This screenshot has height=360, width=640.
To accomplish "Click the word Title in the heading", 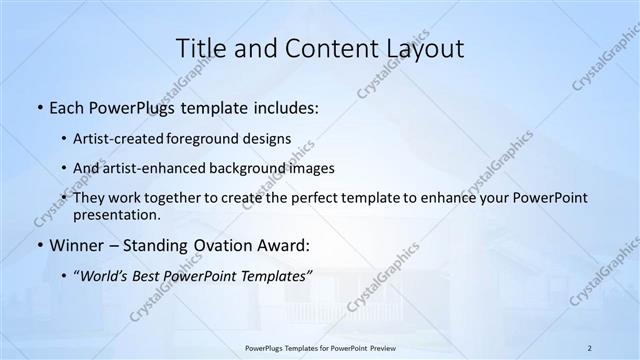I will [x=200, y=48].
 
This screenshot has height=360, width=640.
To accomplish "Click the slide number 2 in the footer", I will [x=590, y=347].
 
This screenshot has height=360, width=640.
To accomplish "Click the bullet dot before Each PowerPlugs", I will [x=39, y=106].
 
